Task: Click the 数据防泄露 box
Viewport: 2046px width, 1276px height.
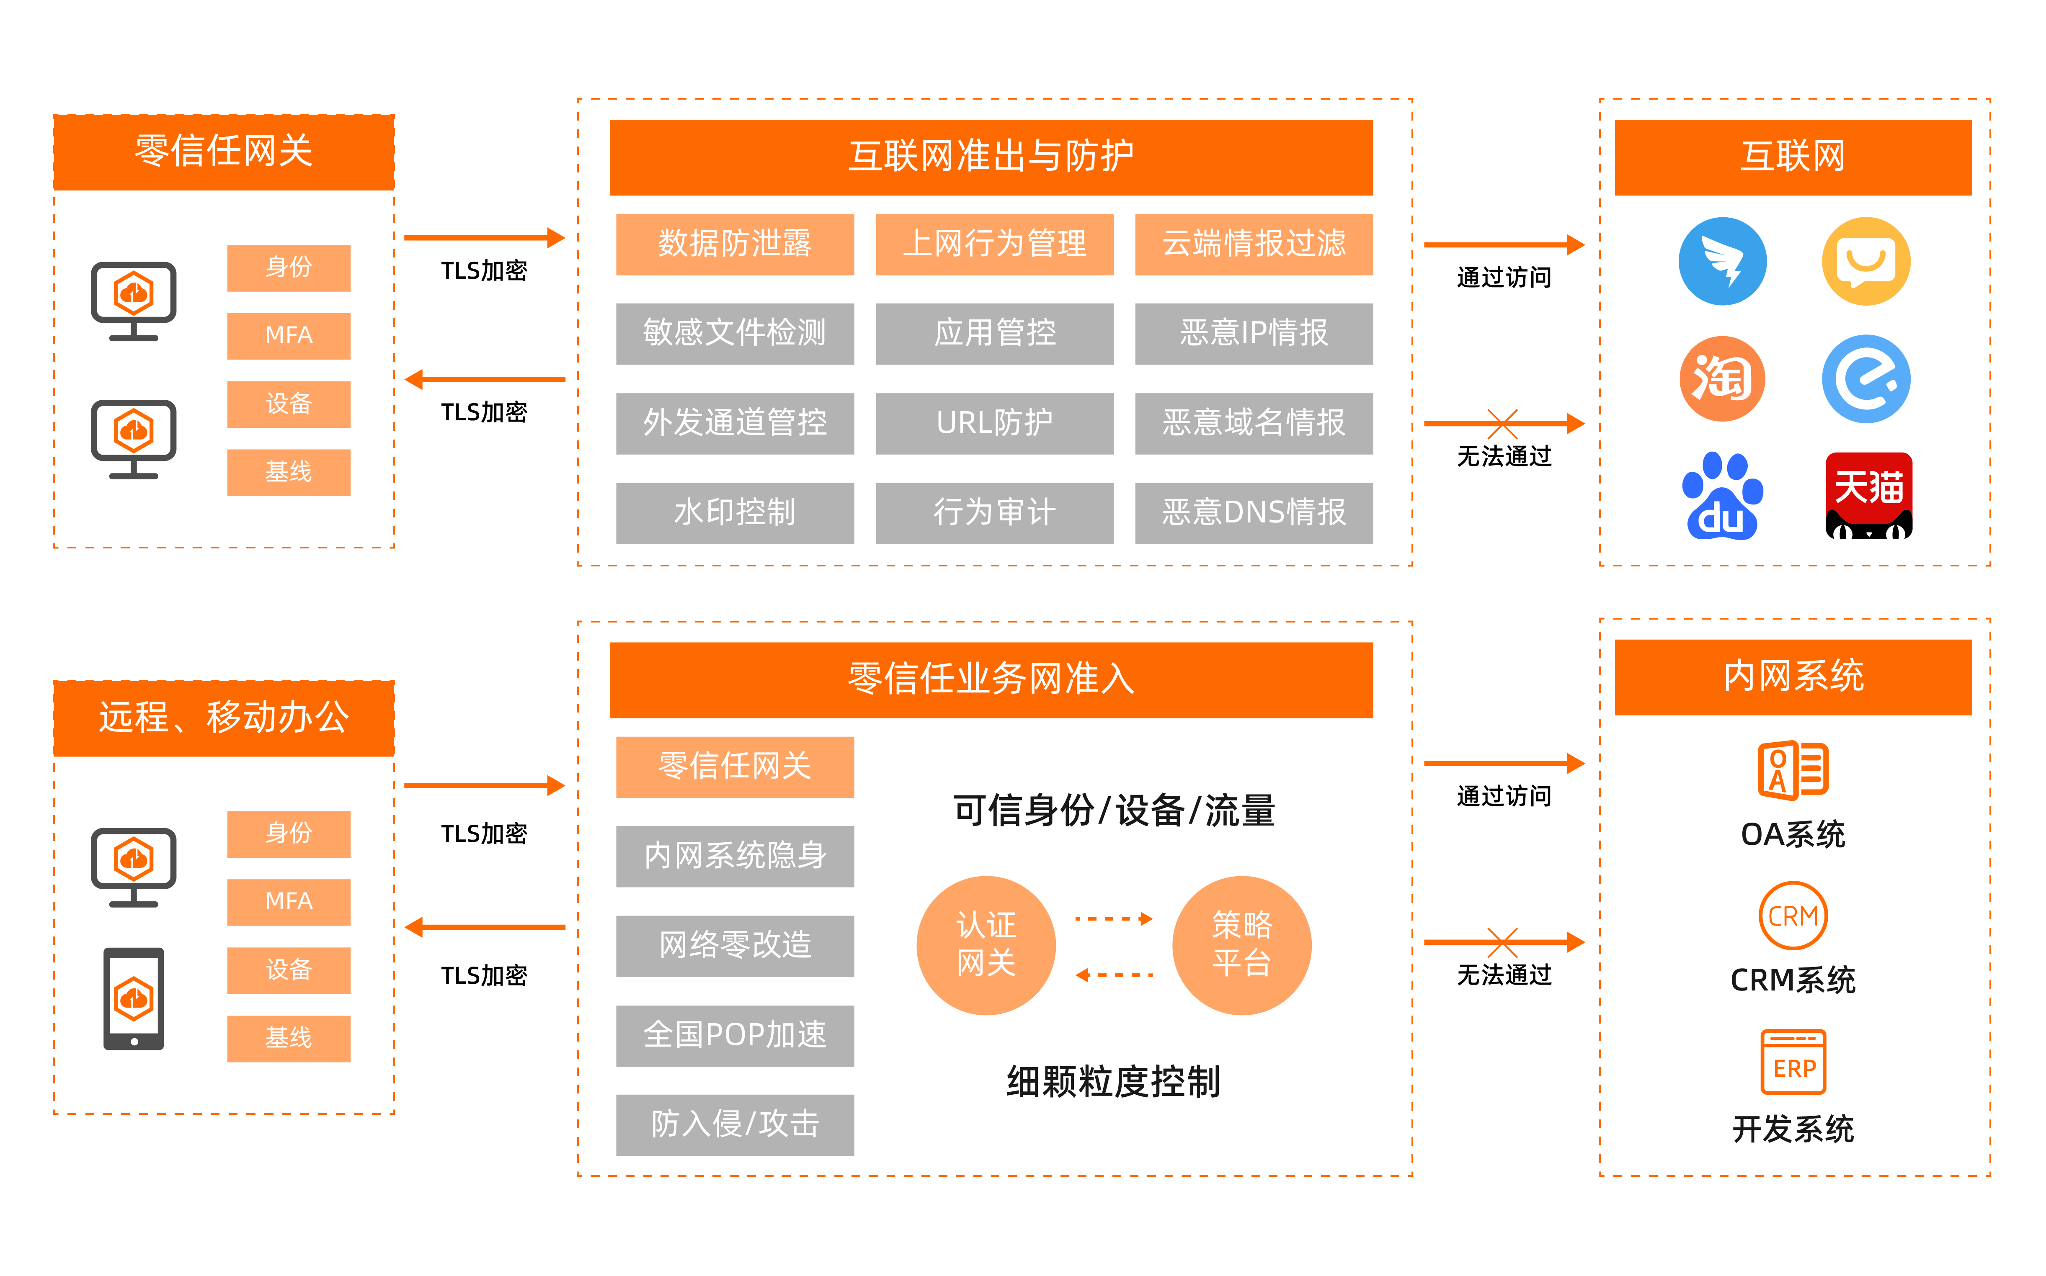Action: (x=734, y=244)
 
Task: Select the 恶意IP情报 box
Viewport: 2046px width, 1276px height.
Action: (x=1254, y=333)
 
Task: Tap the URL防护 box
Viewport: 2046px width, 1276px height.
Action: (x=994, y=423)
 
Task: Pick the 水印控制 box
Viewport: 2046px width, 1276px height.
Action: (x=734, y=512)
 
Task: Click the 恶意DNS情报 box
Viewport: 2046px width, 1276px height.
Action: (x=1254, y=512)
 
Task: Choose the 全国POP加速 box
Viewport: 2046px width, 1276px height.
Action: (x=734, y=1034)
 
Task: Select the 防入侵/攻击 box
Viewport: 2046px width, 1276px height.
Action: (x=734, y=1124)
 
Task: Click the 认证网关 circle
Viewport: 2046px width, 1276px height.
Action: (x=986, y=945)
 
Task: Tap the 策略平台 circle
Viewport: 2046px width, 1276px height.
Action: (x=1241, y=945)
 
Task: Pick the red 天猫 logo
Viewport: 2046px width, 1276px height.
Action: (x=1868, y=496)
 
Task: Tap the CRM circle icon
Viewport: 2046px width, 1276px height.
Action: (x=1793, y=916)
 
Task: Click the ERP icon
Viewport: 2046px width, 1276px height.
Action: (x=1793, y=1062)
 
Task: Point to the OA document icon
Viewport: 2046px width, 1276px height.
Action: (x=1793, y=769)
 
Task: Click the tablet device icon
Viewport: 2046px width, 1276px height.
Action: (x=133, y=998)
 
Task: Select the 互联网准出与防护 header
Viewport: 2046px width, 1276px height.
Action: (x=991, y=157)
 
